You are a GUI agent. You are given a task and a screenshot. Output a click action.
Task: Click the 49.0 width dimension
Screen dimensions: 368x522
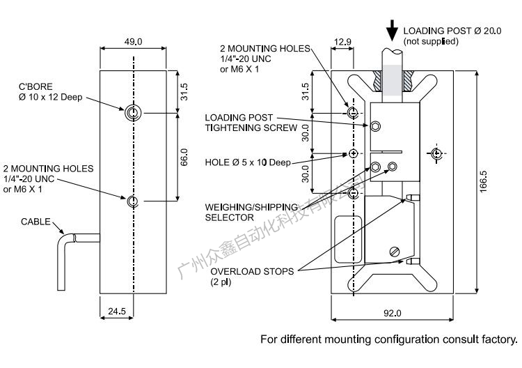click(133, 42)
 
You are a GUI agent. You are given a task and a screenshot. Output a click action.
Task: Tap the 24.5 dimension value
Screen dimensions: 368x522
click(117, 312)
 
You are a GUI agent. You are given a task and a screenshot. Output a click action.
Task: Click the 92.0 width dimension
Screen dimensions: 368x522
click(393, 313)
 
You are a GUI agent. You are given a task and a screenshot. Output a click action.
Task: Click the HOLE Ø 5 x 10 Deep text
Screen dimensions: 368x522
click(248, 162)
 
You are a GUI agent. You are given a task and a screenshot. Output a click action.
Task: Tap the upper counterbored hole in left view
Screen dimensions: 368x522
click(133, 113)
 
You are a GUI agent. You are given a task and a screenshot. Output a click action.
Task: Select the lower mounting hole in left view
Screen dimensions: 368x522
click(133, 202)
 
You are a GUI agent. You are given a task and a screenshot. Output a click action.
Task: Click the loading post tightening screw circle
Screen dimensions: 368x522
click(376, 126)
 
